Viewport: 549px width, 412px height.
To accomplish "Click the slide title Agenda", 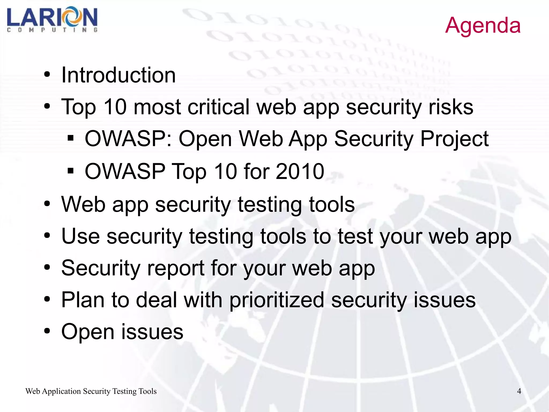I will [x=483, y=25].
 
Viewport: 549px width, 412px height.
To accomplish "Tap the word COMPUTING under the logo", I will [x=52, y=30].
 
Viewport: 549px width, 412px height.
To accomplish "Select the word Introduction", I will [x=118, y=75].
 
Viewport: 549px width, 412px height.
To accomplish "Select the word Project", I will [x=454, y=139].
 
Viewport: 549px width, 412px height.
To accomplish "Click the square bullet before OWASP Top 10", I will [x=71, y=171].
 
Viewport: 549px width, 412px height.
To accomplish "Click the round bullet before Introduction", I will [x=47, y=75].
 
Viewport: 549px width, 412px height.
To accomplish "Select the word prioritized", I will [x=277, y=300].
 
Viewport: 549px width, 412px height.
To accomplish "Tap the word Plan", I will [x=83, y=300].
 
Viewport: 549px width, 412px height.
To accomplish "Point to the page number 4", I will [x=519, y=391].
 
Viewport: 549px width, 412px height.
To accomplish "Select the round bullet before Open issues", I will [x=47, y=331].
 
